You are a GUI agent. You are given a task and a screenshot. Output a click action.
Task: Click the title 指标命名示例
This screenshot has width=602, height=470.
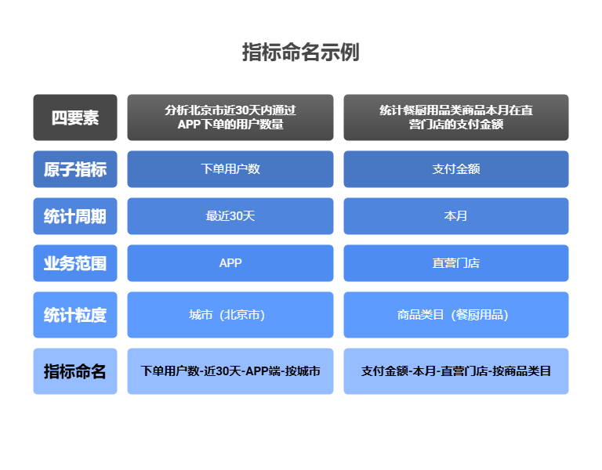pos(301,52)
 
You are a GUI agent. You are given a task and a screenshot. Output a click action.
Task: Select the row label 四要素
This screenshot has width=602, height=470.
pos(75,117)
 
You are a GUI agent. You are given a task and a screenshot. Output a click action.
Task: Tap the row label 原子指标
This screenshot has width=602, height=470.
pos(75,169)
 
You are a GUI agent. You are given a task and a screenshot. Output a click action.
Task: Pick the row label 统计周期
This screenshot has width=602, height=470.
pos(75,216)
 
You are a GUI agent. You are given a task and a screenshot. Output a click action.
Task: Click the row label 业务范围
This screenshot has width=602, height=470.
pos(75,263)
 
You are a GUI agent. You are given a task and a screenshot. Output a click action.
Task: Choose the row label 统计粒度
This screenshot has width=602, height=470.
pos(75,315)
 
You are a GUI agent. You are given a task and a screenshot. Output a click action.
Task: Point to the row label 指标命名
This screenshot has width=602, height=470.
pos(75,371)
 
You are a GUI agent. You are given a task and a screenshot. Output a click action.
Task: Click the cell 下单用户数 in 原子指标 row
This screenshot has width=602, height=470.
pos(230,169)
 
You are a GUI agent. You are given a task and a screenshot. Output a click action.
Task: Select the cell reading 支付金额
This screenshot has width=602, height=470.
pos(456,169)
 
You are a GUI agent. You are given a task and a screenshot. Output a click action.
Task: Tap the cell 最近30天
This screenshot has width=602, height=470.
pos(230,216)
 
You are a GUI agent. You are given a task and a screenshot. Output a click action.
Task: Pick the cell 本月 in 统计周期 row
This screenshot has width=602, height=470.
pos(456,216)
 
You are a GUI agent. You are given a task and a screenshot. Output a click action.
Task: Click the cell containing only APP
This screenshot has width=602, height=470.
pos(230,263)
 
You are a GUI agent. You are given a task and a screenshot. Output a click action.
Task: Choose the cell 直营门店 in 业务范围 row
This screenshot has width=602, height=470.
pos(456,263)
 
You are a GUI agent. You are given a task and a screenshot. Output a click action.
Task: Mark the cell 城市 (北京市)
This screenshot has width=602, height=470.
pos(230,315)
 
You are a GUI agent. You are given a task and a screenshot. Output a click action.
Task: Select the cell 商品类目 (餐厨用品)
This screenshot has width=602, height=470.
pos(456,315)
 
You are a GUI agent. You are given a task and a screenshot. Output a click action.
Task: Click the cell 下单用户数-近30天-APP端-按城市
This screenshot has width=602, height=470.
pos(230,371)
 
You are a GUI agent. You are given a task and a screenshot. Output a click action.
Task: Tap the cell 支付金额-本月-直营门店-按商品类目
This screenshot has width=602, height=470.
pos(456,371)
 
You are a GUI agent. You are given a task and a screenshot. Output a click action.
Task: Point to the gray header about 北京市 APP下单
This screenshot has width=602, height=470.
pos(230,117)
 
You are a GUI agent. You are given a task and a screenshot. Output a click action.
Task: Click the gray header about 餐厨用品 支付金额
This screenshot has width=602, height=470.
pos(456,117)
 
